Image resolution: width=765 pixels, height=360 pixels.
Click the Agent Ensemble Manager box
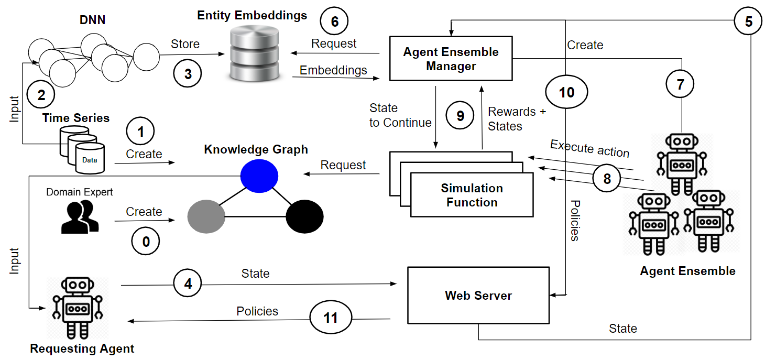tap(451, 59)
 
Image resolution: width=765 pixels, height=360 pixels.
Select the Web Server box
tap(478, 296)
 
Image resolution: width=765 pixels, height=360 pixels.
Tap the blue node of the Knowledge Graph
tap(259, 175)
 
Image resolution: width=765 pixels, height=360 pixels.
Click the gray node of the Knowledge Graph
tap(206, 216)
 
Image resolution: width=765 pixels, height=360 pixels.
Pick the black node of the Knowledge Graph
tap(304, 216)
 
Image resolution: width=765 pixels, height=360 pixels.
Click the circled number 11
tap(331, 318)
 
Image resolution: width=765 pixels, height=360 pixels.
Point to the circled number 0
tap(146, 241)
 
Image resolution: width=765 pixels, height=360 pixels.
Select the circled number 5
tap(749, 21)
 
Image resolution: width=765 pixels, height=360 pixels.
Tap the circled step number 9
tap(460, 115)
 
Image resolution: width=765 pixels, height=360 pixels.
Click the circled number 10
tap(566, 93)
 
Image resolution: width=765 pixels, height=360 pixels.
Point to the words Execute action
tap(589, 148)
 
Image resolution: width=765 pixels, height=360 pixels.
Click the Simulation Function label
tap(472, 195)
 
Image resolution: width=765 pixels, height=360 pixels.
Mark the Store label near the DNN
tap(185, 44)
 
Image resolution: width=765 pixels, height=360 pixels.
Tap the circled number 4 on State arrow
tap(188, 284)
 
